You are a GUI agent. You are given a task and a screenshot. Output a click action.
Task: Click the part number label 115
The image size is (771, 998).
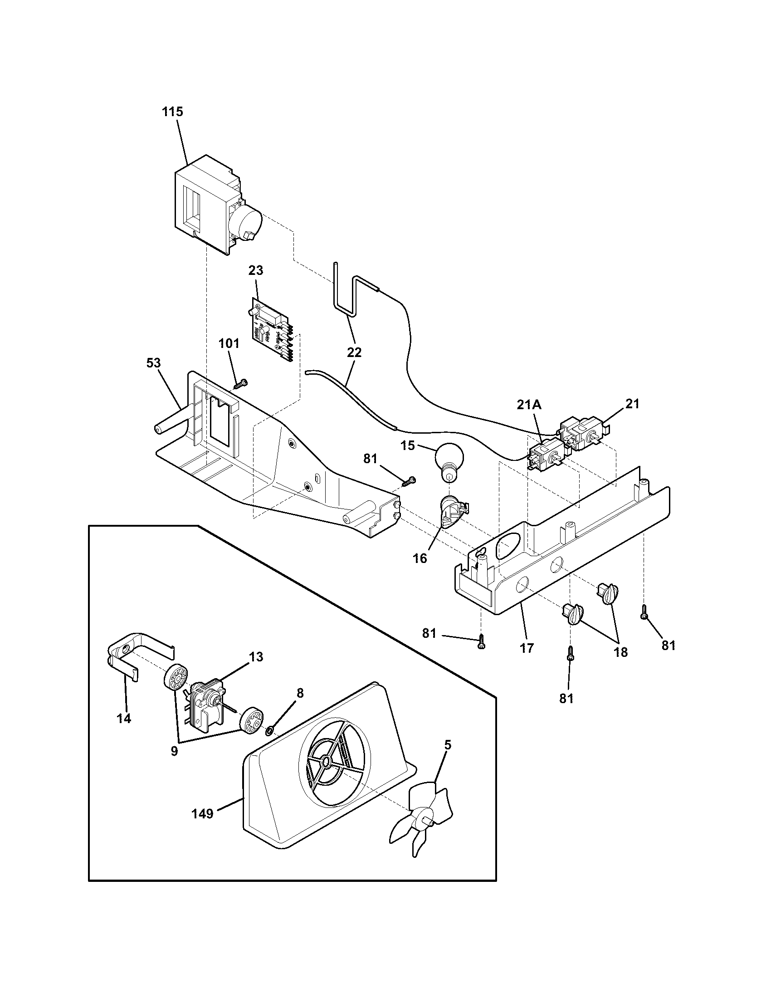pyautogui.click(x=173, y=112)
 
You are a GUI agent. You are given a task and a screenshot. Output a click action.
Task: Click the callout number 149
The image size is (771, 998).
pyautogui.click(x=203, y=814)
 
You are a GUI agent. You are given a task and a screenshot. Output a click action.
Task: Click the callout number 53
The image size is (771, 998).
pyautogui.click(x=153, y=363)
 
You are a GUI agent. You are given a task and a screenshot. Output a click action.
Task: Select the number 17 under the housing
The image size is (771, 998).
pyautogui.click(x=527, y=648)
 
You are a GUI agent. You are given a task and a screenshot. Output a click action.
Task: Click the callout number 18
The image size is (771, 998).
pyautogui.click(x=620, y=652)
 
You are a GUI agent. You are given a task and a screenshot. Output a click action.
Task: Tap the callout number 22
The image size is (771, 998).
pyautogui.click(x=355, y=352)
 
